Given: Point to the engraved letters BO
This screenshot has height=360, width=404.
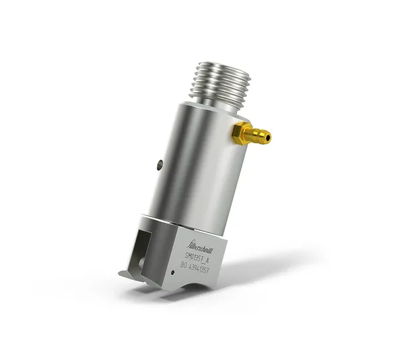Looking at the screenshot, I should pyautogui.click(x=184, y=266).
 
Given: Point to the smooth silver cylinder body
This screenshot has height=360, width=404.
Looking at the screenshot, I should pyautogui.click(x=195, y=161).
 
